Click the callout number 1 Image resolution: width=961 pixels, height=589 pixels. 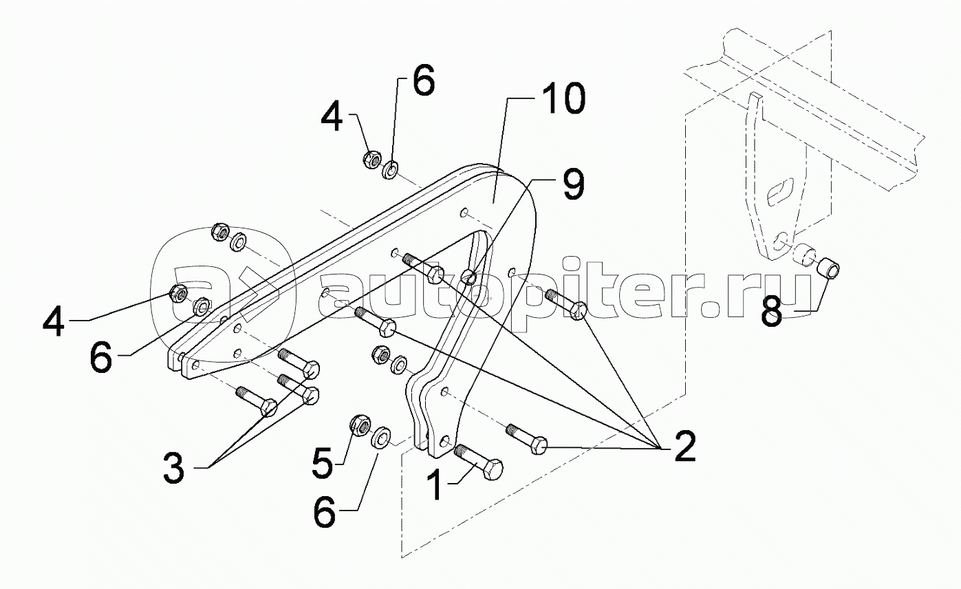tap(435, 485)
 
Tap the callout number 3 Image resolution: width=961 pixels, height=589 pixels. tap(174, 469)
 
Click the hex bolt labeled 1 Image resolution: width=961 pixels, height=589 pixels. tap(482, 462)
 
